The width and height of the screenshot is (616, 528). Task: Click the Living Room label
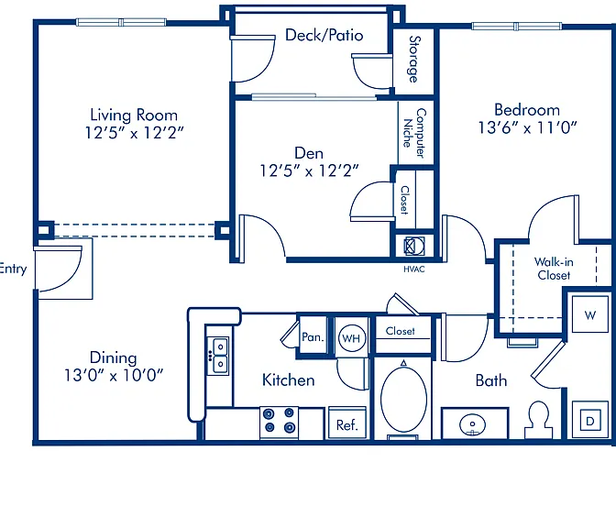tap(134, 115)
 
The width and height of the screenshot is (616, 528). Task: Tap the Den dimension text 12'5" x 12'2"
tap(310, 170)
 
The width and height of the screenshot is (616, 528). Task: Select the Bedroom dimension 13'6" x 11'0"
tap(528, 127)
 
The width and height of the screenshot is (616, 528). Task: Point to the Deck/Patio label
tap(324, 36)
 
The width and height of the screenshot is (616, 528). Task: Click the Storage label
tap(414, 60)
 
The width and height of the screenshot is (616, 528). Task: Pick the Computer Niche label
tap(415, 133)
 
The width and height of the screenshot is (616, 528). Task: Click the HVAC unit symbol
tap(414, 247)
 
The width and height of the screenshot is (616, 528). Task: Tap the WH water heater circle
tap(351, 338)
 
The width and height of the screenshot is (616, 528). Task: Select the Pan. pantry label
tap(313, 337)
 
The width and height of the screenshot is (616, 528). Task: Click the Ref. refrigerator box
tap(347, 423)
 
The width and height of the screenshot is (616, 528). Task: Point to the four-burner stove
tap(280, 423)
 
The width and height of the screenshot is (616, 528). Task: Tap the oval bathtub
tap(403, 399)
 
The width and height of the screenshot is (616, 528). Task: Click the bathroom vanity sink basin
tap(472, 424)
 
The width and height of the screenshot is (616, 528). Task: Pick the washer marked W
tap(590, 314)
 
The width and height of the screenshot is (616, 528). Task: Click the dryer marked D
tap(590, 420)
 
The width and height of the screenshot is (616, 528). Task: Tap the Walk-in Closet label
tap(554, 269)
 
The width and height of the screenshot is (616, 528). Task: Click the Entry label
tap(13, 269)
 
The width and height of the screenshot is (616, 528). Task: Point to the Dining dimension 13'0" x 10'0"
tap(114, 375)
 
